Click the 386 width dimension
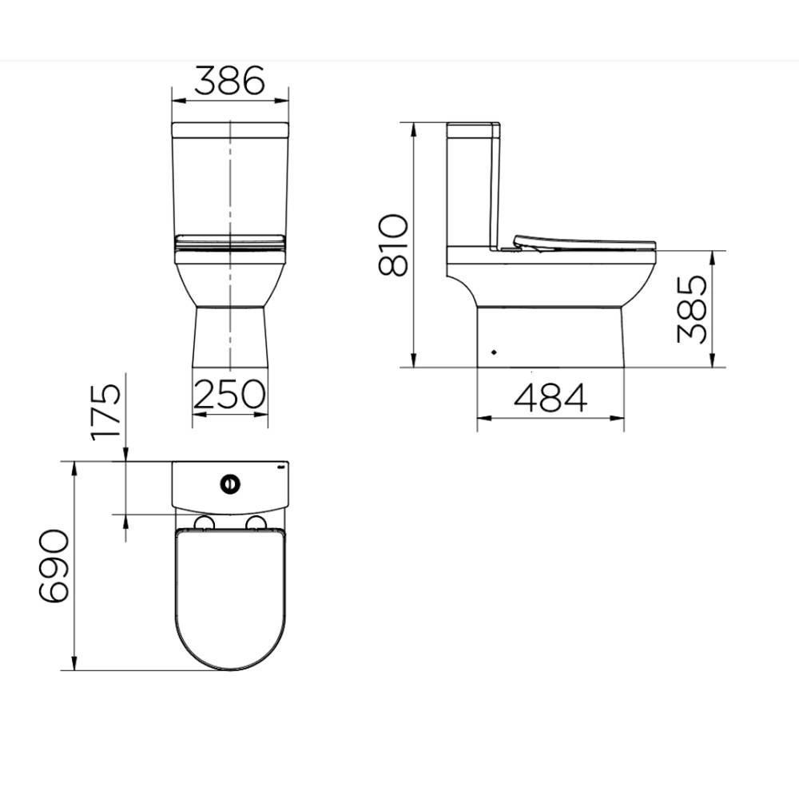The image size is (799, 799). [x=229, y=81]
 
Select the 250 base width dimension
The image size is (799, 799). [x=229, y=394]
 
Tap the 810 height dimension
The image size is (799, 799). [x=393, y=245]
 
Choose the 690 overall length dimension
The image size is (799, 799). [x=53, y=566]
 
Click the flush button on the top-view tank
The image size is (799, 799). [x=230, y=483]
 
